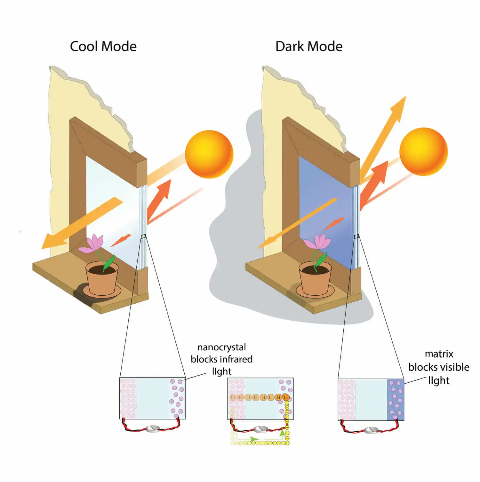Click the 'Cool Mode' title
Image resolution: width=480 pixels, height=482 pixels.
tap(103, 47)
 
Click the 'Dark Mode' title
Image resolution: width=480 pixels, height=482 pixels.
tap(309, 47)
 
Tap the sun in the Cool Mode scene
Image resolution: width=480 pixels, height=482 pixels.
tap(209, 154)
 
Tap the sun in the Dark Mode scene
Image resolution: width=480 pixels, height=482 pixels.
tap(423, 152)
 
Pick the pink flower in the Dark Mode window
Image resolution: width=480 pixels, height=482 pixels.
tap(317, 242)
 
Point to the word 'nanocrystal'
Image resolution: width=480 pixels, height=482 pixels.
tap(221, 347)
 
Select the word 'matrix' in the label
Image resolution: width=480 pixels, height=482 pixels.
tap(439, 354)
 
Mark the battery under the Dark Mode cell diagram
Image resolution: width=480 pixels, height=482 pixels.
tap(371, 430)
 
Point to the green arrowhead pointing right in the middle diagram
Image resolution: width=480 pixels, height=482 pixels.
tap(254, 439)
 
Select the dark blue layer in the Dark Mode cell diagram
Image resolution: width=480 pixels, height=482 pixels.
tap(396, 400)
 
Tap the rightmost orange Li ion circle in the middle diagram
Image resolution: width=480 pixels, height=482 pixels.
tap(286, 397)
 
